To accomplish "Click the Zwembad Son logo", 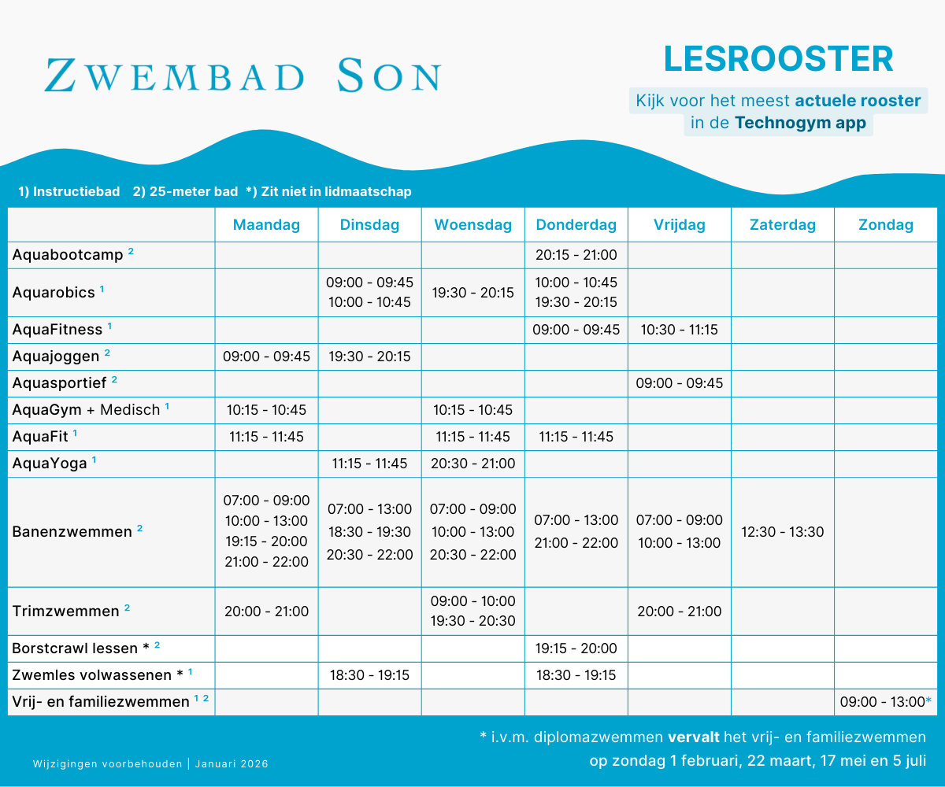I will pos(243,76).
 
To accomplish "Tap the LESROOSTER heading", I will pos(778,59).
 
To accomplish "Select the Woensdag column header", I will pos(472,225).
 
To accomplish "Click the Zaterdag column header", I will pos(782,225).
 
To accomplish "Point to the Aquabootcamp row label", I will pos(68,255).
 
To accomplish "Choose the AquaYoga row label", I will pos(50,464).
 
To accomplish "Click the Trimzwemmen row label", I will pos(65,611).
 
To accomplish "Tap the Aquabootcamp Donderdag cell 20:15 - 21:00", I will pos(576,255).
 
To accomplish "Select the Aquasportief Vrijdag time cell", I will pos(679,383).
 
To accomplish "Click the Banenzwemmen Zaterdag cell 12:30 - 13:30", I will pos(782,532).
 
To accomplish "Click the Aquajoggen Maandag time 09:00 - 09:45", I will pos(266,357).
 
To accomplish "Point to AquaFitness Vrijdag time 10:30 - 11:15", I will pos(679,330).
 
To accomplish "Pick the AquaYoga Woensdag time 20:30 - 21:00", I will pos(472,464).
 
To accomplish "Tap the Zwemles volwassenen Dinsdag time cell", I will pos(369,675).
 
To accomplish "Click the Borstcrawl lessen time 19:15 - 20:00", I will pos(576,648).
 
